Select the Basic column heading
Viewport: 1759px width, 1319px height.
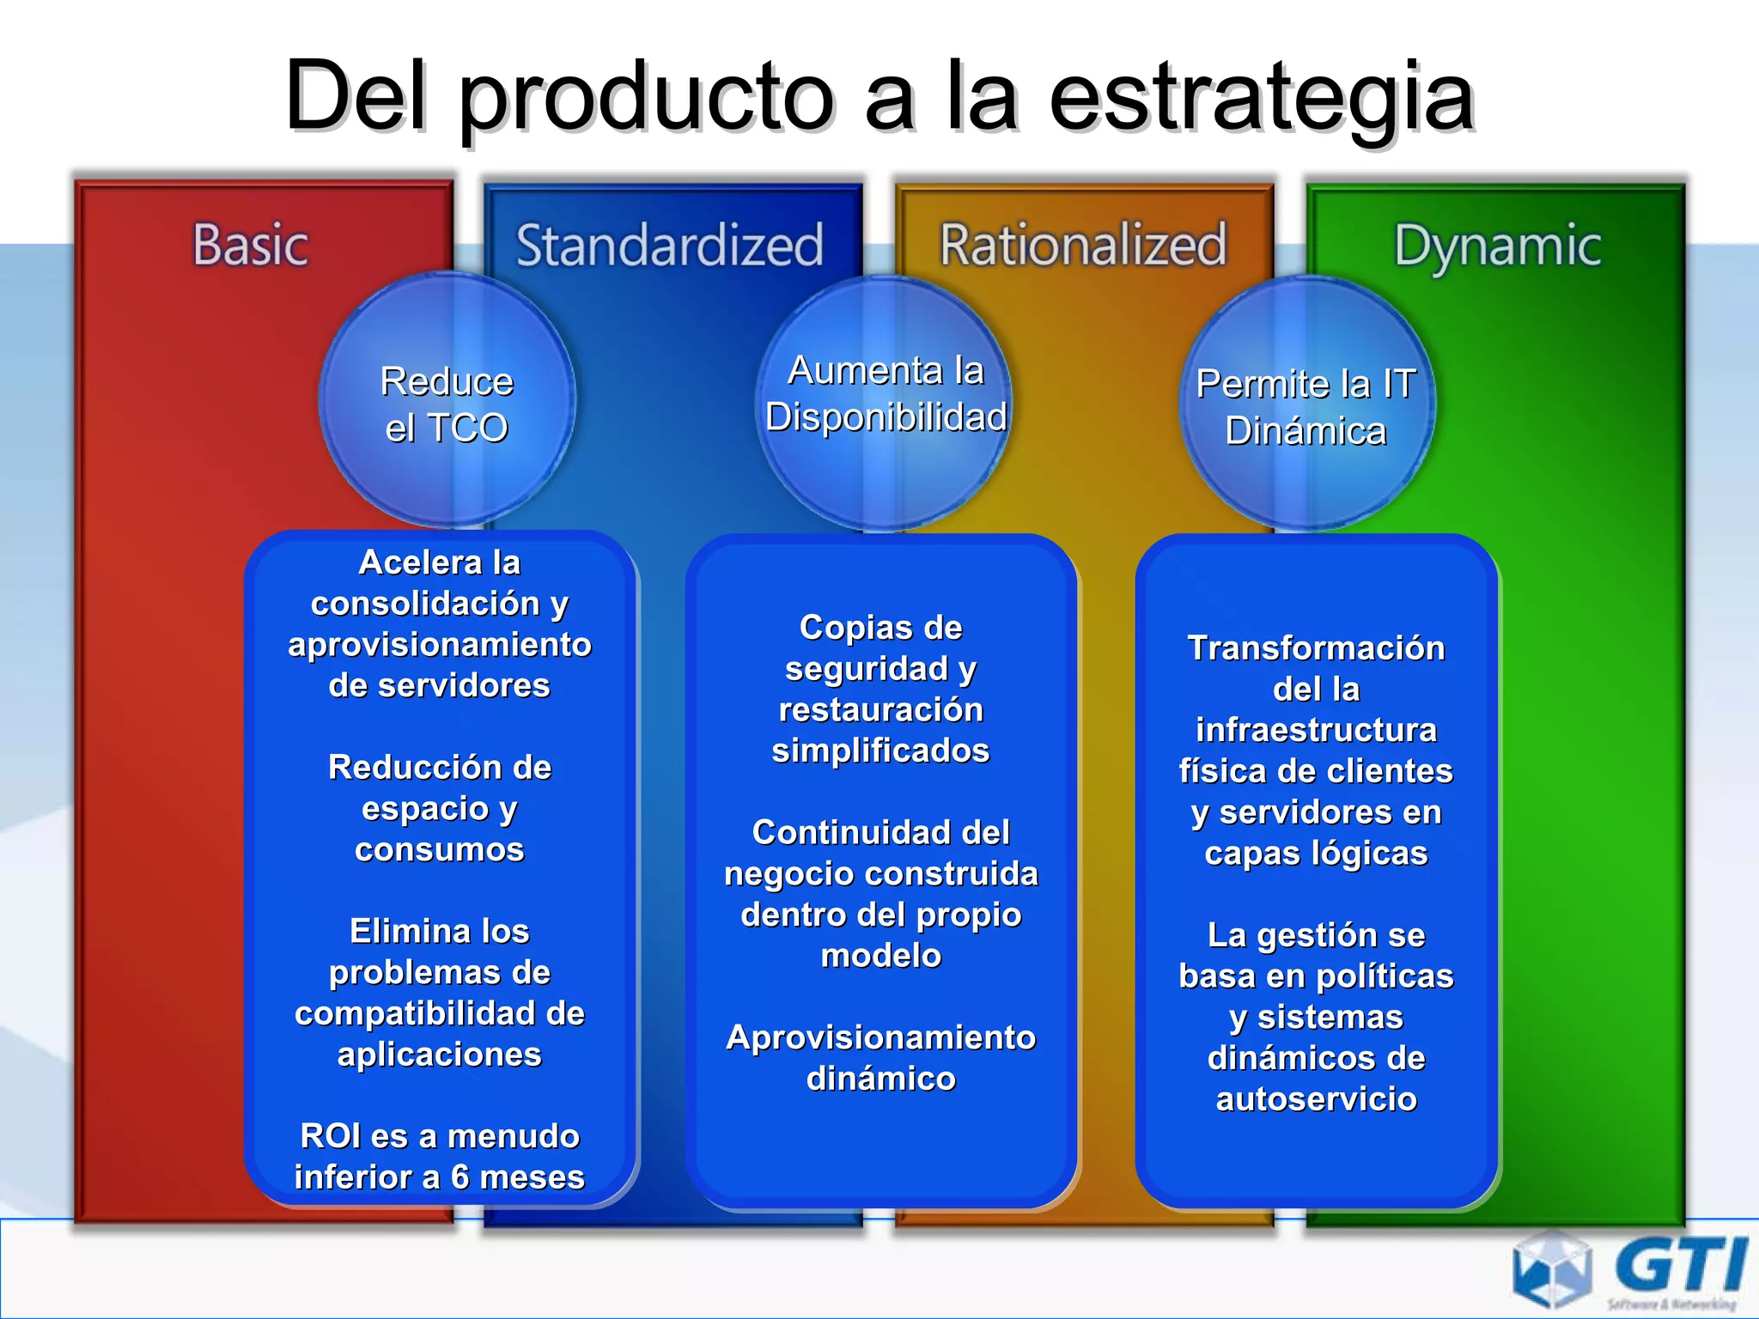[x=250, y=245]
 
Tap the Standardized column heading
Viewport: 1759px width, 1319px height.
[x=670, y=245]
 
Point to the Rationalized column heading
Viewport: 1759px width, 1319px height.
[x=1083, y=245]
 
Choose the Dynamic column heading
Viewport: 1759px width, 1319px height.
[x=1497, y=246]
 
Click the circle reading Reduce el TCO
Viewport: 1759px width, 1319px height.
[x=447, y=402]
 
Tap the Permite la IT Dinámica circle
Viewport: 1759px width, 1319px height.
[x=1306, y=404]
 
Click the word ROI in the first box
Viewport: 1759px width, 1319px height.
[x=331, y=1136]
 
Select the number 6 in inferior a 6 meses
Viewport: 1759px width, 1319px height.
[x=460, y=1177]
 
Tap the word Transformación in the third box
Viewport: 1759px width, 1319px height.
[x=1316, y=647]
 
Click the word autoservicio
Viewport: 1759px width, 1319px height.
[x=1316, y=1099]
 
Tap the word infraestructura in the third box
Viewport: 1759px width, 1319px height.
[x=1316, y=730]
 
